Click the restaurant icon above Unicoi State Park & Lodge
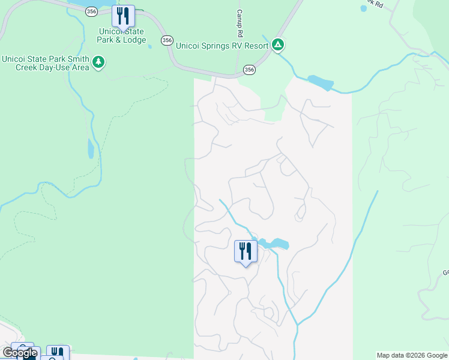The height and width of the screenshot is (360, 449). pyautogui.click(x=123, y=16)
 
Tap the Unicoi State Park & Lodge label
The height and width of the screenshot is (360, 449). pyautogui.click(x=123, y=35)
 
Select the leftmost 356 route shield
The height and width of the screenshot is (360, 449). pyautogui.click(x=91, y=11)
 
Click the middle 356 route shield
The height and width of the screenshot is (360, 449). pyautogui.click(x=167, y=40)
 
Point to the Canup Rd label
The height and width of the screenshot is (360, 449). pyautogui.click(x=239, y=21)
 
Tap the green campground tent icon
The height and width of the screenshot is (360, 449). pyautogui.click(x=277, y=44)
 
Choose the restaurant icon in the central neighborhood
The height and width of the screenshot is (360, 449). pyautogui.click(x=245, y=250)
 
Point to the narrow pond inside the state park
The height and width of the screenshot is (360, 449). pyautogui.click(x=90, y=148)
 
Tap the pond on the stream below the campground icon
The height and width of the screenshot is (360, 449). pyautogui.click(x=320, y=82)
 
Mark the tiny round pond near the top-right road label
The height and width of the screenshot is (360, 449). pyautogui.click(x=363, y=9)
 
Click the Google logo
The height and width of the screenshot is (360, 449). pyautogui.click(x=20, y=353)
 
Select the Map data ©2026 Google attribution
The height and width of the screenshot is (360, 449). pyautogui.click(x=412, y=355)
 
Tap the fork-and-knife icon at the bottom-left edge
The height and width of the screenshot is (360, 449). pyautogui.click(x=57, y=353)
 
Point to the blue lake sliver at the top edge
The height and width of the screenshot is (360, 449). pyautogui.click(x=90, y=3)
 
